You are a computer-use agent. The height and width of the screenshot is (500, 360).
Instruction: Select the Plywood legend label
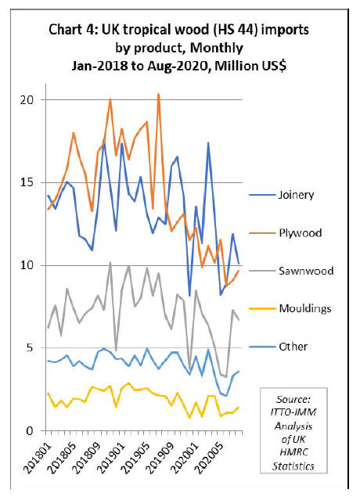[x=300, y=232]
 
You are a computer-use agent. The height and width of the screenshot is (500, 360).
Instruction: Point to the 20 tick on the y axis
[x=27, y=100]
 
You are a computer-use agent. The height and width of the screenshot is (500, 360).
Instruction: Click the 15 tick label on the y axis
[x=27, y=183]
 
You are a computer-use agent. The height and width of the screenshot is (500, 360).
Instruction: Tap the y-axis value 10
[x=27, y=265]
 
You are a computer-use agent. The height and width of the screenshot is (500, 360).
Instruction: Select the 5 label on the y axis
[x=30, y=347]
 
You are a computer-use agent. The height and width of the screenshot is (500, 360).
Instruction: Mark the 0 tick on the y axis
[x=30, y=431]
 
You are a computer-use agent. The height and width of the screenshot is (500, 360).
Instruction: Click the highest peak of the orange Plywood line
[x=158, y=94]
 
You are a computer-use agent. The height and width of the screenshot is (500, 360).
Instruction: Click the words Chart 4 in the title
[x=74, y=30]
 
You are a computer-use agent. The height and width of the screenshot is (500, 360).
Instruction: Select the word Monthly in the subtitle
[x=217, y=49]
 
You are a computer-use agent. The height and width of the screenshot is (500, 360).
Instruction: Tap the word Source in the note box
[x=293, y=399]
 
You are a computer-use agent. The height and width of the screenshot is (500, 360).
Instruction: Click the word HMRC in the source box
[x=293, y=452]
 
